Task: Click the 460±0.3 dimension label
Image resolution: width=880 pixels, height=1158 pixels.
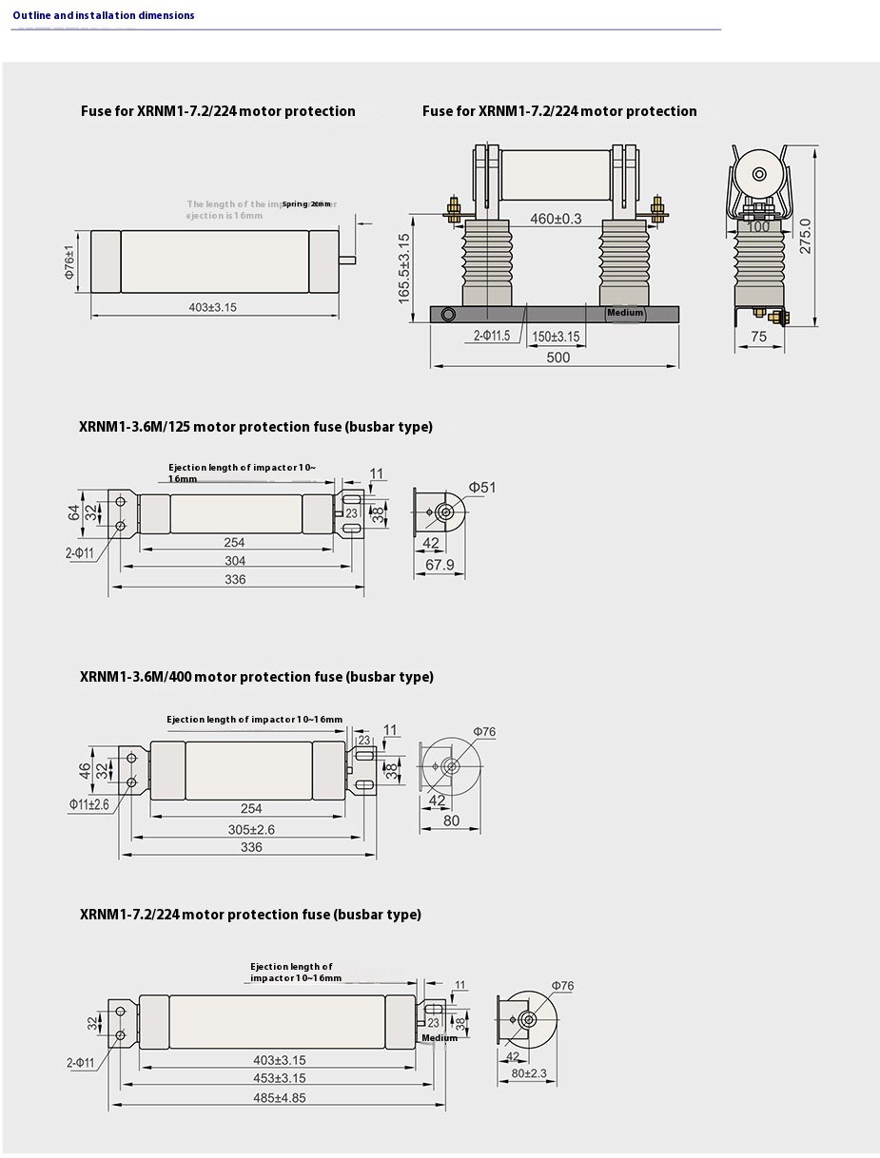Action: coord(556,219)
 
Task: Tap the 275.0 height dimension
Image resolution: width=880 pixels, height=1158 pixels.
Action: coord(805,235)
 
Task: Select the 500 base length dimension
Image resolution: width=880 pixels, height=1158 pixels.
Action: coord(558,357)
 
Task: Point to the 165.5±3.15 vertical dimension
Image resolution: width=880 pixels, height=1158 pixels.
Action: coord(403,269)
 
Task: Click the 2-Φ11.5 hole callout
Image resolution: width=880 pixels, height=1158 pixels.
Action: coord(492,336)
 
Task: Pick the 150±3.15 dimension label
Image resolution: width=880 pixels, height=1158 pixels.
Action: coord(556,336)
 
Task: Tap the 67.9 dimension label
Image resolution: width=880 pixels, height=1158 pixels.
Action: coord(439,565)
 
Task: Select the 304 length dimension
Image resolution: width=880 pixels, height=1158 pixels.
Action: coord(235,561)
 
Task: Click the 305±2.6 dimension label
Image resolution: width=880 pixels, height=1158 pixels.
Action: coord(251,829)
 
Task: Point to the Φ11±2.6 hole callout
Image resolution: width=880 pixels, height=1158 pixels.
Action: coord(88,804)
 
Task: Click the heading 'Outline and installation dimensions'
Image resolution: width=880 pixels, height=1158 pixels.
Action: coord(104,15)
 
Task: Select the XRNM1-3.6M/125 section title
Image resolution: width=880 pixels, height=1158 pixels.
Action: coord(256,427)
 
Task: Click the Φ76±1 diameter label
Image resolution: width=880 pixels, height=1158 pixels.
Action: coord(82,261)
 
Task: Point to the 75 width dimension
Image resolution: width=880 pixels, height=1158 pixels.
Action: coord(758,336)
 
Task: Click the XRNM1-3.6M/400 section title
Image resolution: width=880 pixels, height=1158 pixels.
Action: coord(256,677)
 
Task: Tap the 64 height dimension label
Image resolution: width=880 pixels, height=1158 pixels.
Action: coord(74,512)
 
